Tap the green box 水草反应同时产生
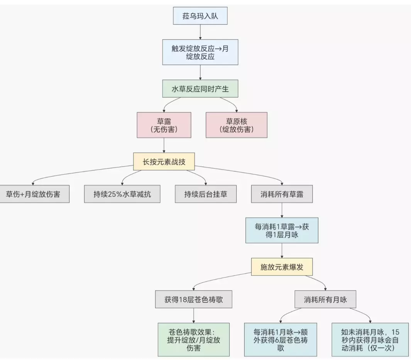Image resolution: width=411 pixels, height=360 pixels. (200, 89)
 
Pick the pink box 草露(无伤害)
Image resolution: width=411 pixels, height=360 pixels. (164, 125)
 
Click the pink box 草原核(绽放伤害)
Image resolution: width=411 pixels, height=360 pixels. (236, 125)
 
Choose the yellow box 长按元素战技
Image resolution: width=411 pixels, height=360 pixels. (164, 162)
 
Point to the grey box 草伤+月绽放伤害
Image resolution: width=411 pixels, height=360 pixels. (32, 194)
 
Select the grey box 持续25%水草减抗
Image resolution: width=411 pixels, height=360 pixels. (122, 194)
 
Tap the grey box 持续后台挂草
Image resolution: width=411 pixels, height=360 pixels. (205, 194)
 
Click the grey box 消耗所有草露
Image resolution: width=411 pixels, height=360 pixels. (282, 194)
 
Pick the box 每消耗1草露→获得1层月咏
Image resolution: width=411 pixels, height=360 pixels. (282, 231)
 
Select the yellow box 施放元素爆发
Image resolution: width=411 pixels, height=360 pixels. (282, 267)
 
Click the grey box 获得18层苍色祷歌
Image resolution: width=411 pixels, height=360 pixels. (193, 299)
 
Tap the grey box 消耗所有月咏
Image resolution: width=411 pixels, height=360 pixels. (325, 299)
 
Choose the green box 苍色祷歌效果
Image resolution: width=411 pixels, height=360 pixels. (193, 340)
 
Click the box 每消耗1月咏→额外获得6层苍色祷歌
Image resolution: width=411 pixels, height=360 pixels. (281, 340)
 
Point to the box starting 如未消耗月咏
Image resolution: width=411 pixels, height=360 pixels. (370, 340)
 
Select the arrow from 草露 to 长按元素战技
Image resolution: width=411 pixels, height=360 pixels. (164, 145)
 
